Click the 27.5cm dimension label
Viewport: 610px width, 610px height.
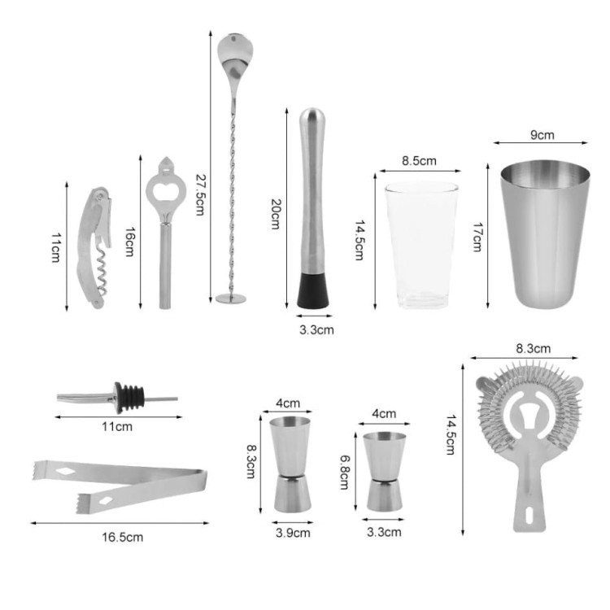coord(200,194)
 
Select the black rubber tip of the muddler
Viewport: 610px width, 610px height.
coord(313,290)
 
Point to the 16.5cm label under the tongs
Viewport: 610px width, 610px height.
coord(123,538)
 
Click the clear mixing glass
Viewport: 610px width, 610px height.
coord(421,245)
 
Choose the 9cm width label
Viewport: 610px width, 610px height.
coord(542,135)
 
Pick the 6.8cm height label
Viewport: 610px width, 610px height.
coord(345,472)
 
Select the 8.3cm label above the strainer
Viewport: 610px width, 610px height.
coord(534,349)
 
